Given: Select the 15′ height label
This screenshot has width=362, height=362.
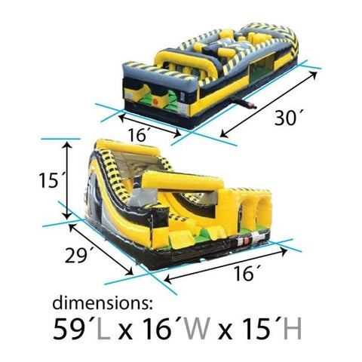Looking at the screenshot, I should [x=51, y=181].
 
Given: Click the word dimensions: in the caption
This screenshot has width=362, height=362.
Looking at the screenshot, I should [x=103, y=305].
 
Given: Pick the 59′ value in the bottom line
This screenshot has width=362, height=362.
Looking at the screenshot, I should [x=74, y=330].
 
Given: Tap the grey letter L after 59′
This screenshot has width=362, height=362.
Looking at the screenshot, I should [x=106, y=330].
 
